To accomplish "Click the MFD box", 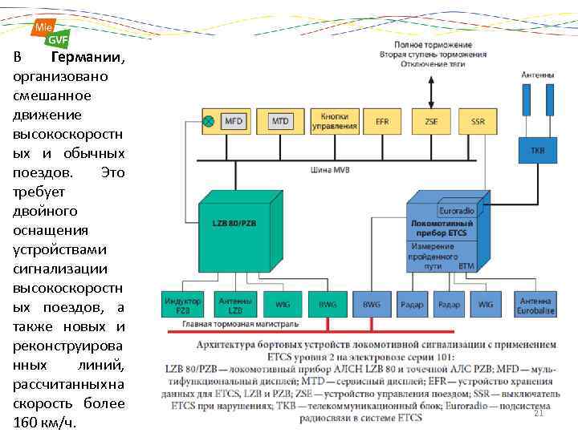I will coord(233,121).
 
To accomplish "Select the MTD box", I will coord(279,121).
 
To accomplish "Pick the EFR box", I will coord(381,121).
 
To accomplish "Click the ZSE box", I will coord(431,121).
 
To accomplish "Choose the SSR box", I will coord(478,121).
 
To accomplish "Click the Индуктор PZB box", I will coord(183,305).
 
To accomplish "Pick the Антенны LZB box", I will coord(235,305).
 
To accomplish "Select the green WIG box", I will coord(283,305).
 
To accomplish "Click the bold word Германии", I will coord(87,59).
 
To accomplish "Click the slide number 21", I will coord(539,414).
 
